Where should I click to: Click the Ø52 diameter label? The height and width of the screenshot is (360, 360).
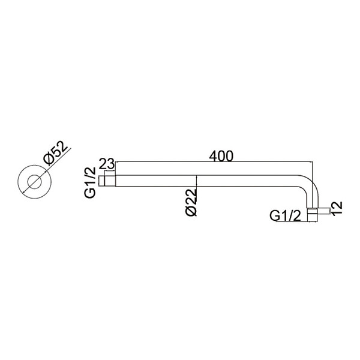coord(56,153)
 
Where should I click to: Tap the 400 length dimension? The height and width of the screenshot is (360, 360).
coord(221,156)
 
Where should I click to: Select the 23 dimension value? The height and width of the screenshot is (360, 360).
coord(106,164)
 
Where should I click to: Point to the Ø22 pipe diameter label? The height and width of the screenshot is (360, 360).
coord(192,203)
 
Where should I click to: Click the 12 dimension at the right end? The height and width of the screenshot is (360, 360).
coord(337,208)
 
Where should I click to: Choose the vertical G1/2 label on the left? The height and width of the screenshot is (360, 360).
coord(90,182)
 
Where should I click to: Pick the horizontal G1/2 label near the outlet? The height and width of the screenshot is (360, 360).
coord(285,216)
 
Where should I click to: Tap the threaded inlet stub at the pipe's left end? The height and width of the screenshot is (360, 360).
coord(107,181)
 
